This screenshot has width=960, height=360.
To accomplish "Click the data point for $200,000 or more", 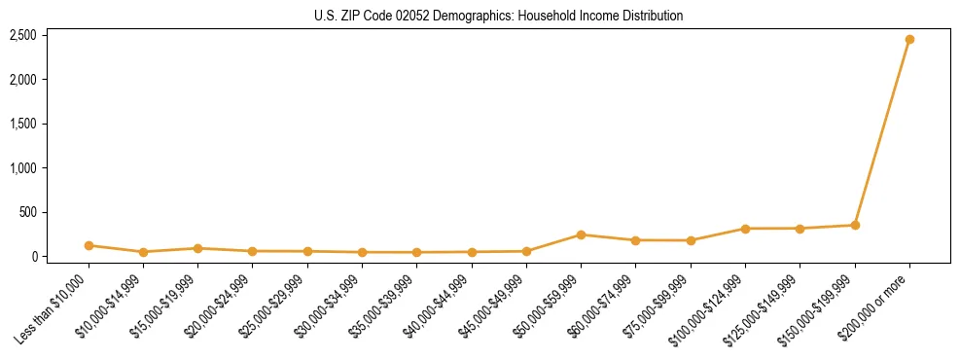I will tap(909, 40).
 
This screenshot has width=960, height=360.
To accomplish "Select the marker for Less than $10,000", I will tap(89, 245).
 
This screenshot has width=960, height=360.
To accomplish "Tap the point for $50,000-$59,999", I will tap(581, 234).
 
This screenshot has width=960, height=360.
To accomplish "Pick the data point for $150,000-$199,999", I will tap(855, 225).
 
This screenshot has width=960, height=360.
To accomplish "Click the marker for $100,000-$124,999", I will tap(745, 229).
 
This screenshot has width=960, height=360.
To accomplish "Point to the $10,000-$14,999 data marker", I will tap(143, 252).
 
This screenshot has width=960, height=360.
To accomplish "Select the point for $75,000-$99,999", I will tap(691, 240).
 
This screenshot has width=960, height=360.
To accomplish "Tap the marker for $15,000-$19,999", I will tap(197, 248).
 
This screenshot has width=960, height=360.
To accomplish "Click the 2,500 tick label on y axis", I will tap(23, 35).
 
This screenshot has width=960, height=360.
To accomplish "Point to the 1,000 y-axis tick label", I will tap(23, 168).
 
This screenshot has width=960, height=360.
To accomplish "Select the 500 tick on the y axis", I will tap(28, 212).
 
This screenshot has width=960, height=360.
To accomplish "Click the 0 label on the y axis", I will tap(34, 257).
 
